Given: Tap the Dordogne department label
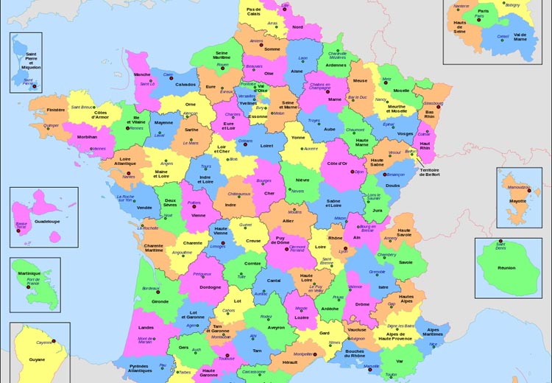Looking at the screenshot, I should (210, 287).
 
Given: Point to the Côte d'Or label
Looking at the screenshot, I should (337, 163).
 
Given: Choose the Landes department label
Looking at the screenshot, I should (146, 327).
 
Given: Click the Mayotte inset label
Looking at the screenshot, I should (519, 200).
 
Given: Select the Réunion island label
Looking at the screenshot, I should (506, 268).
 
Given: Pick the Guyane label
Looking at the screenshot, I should (36, 359).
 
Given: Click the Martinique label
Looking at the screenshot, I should (29, 273).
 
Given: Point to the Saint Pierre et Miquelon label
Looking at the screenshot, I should (32, 60).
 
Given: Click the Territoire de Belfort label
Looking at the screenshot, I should (434, 173).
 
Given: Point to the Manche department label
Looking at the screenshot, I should (142, 74).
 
